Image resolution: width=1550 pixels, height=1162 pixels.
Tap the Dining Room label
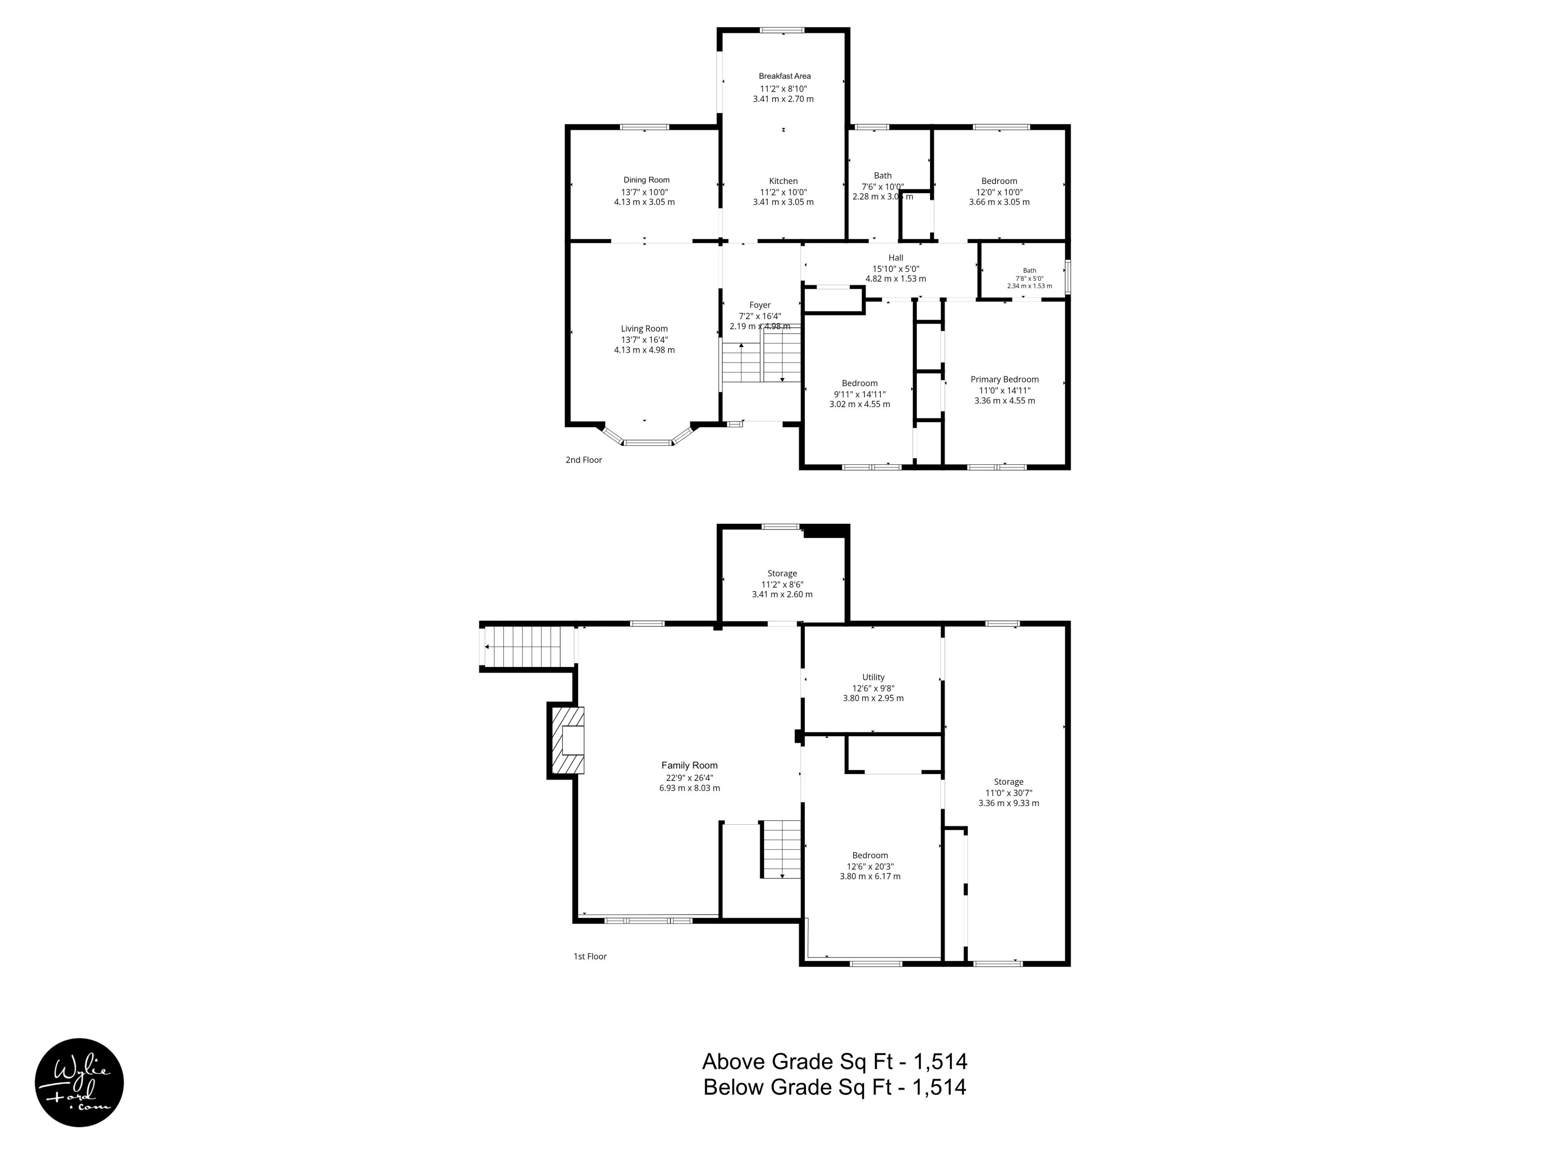click(x=646, y=180)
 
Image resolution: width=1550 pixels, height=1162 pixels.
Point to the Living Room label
click(x=644, y=328)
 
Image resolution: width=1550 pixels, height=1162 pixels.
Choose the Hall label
click(x=896, y=258)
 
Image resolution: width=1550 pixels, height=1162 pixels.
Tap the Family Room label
click(x=689, y=765)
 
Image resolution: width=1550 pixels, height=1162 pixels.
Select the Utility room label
click(x=873, y=677)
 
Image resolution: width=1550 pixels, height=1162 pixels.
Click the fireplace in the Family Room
click(x=566, y=740)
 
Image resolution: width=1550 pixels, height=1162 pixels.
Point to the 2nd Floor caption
click(x=584, y=460)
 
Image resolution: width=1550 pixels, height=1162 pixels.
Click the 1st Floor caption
click(x=590, y=956)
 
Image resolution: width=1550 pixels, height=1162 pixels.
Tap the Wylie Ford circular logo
click(x=79, y=1082)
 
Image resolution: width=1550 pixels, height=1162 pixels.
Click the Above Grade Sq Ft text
click(x=835, y=1062)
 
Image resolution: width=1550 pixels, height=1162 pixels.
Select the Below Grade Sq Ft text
click(x=835, y=1087)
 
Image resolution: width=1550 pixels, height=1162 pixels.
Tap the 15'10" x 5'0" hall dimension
click(x=896, y=268)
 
